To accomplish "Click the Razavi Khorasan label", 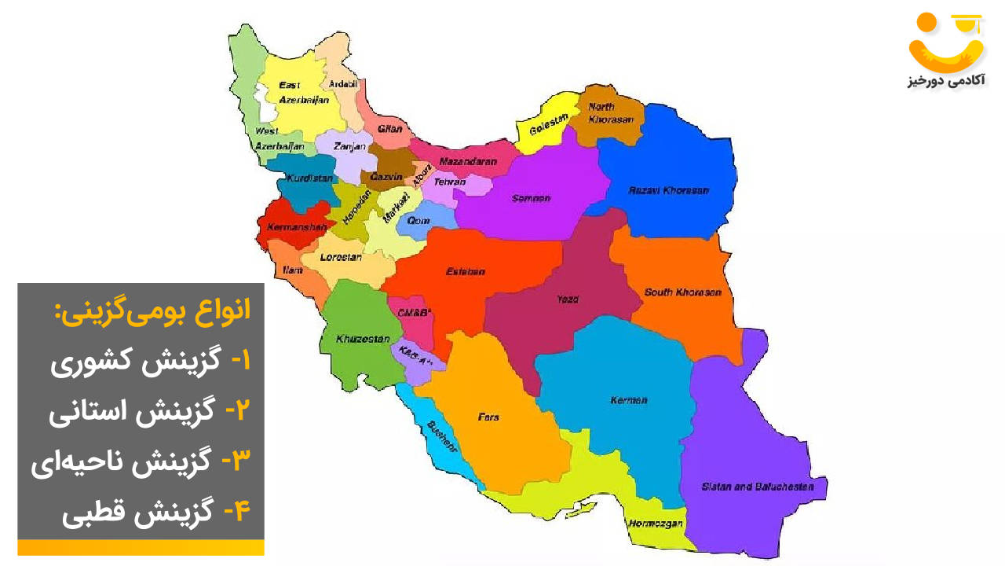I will tap(669, 190).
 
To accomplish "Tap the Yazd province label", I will tap(568, 300).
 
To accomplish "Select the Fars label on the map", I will tap(488, 417).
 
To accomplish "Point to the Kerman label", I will tap(628, 400).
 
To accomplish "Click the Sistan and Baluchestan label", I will tap(757, 487).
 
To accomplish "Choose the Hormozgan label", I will tap(655, 524).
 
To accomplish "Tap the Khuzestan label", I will tap(363, 339).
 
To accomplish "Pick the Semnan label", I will tap(531, 198).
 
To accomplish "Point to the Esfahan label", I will tap(465, 271).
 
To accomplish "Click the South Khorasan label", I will tap(682, 292).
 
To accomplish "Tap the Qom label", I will tap(418, 221).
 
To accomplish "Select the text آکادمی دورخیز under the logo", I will tap(946, 81).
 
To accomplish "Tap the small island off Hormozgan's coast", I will tap(582, 510).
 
